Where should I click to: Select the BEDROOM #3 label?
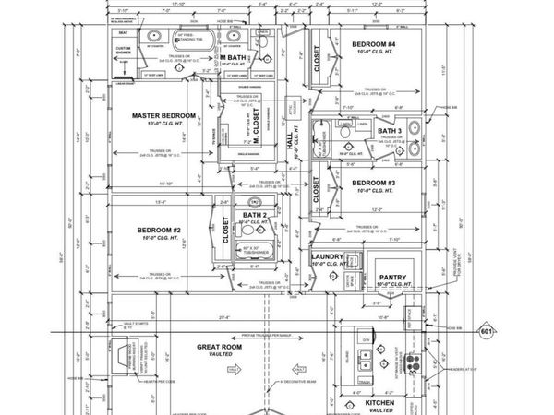(x=373, y=184)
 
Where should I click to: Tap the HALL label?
(x=291, y=145)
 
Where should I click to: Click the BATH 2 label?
(x=253, y=215)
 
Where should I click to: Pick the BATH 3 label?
(x=390, y=131)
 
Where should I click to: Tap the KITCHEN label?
(x=380, y=403)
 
